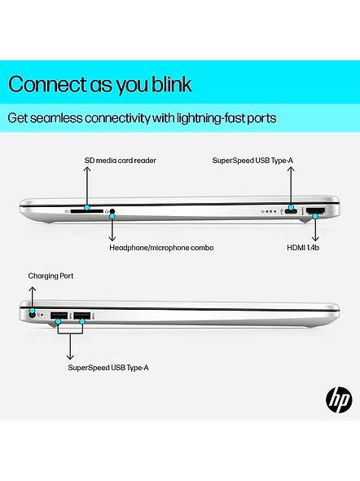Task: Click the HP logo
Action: [x=339, y=400]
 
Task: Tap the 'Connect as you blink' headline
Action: [x=100, y=84]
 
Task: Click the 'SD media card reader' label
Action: [x=120, y=161]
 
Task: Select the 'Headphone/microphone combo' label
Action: [x=161, y=248]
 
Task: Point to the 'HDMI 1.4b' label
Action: [x=303, y=248]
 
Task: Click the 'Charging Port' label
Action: [x=50, y=276]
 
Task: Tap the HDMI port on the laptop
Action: [x=316, y=211]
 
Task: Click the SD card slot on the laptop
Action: [x=86, y=211]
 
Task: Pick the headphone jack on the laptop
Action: [x=112, y=211]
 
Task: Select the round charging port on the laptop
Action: [x=32, y=315]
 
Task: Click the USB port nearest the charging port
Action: [x=59, y=316]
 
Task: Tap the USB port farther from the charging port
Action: [x=81, y=316]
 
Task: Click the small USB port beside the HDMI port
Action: [x=291, y=211]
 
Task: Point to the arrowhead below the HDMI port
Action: [x=315, y=238]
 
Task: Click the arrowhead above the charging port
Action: [x=32, y=289]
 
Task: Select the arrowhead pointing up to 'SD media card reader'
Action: [x=87, y=170]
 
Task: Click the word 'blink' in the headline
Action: [x=172, y=83]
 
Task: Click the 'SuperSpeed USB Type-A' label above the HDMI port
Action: [x=252, y=161]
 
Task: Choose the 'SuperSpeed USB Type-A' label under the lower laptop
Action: [x=108, y=368]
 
